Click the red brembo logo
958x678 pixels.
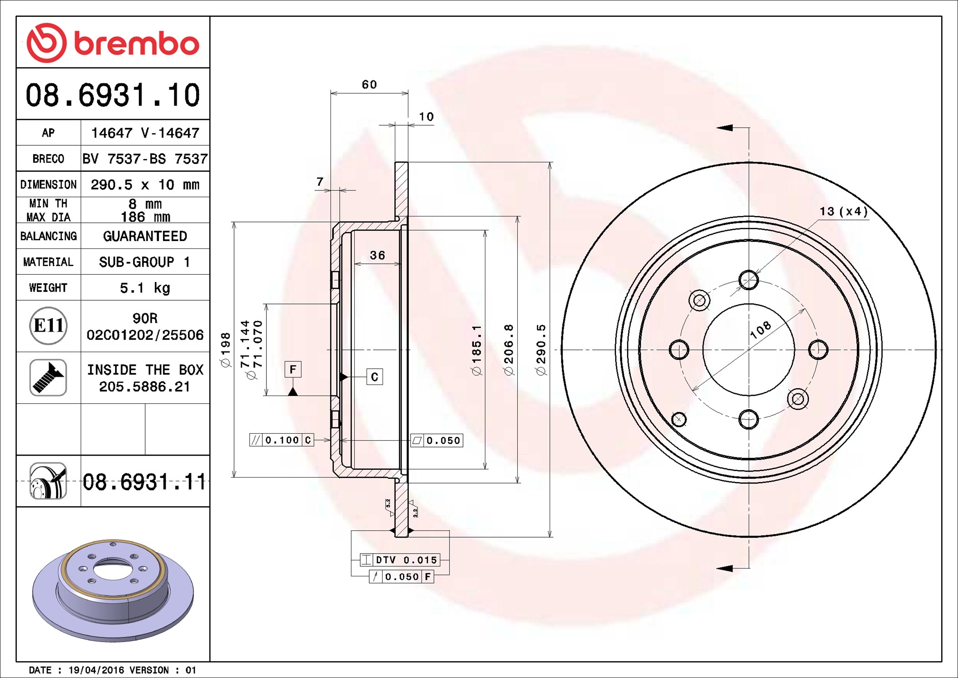113,43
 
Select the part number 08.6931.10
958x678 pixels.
113,95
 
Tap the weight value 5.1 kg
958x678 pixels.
145,288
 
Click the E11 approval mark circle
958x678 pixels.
48,325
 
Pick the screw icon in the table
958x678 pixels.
48,377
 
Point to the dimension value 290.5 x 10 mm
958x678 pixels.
145,185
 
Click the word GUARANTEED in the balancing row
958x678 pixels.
145,236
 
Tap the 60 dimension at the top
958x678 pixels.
369,84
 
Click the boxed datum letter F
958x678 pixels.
293,369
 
